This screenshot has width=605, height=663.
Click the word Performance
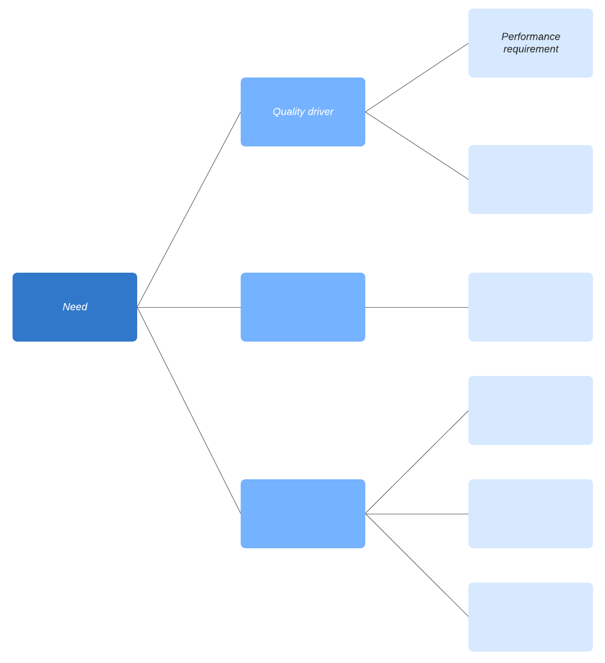point(530,37)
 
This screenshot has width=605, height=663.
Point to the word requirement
point(530,49)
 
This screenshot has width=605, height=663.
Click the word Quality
point(289,112)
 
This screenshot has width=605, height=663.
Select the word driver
point(320,112)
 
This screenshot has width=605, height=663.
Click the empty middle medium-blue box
point(302,307)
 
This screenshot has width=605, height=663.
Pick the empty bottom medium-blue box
point(302,514)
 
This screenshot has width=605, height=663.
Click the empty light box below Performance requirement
point(530,180)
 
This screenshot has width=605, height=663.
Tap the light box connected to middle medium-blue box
point(530,307)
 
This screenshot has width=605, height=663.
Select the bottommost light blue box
point(530,617)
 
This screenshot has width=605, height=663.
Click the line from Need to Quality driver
point(189,210)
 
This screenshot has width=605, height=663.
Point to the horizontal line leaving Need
point(189,307)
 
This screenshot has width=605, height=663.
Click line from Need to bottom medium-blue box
point(189,410)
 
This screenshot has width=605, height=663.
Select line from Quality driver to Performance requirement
point(417,77)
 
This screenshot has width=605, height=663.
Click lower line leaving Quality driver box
point(417,146)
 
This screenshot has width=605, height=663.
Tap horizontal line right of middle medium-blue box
point(417,307)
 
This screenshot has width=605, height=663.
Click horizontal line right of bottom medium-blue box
point(417,514)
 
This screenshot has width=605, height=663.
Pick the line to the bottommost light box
point(417,565)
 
